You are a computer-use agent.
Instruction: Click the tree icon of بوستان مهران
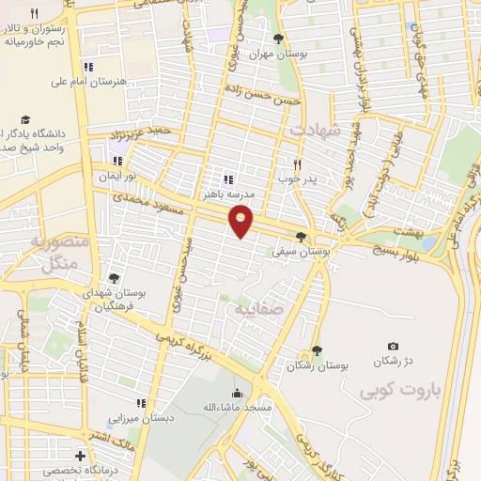277,39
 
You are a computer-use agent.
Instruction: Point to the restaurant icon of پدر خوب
297,162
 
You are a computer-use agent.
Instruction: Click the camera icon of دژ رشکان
393,347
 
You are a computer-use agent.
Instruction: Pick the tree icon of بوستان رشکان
317,349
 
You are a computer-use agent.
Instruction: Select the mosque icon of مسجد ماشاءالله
235,394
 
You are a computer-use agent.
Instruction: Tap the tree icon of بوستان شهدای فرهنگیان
114,278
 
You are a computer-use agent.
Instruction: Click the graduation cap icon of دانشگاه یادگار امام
26,120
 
